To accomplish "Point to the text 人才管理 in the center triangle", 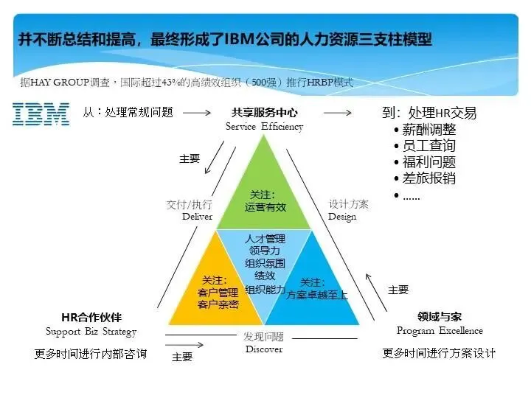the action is [265, 239].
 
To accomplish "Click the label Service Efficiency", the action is [264, 127].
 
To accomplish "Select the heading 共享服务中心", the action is [264, 113].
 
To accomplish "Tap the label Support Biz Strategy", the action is [91, 332].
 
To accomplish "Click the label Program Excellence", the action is [440, 331].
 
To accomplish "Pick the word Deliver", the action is [197, 217].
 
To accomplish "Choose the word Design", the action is [342, 217].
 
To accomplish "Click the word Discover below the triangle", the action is [263, 349].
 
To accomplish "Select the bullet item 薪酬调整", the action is [428, 129].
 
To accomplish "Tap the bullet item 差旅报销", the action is [428, 178].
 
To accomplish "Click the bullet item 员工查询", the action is [428, 145].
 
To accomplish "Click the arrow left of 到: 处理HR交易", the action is [337, 113].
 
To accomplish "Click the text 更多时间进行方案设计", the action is [439, 353].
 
